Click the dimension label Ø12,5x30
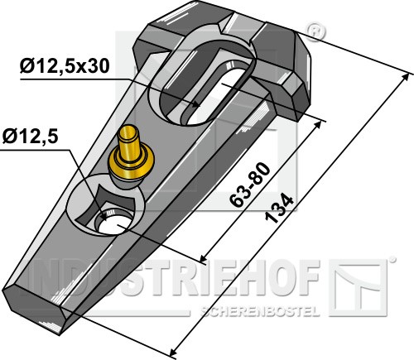[65, 66]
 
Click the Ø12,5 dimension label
[31, 137]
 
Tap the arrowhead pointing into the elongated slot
[195, 104]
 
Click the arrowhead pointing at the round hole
[103, 216]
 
